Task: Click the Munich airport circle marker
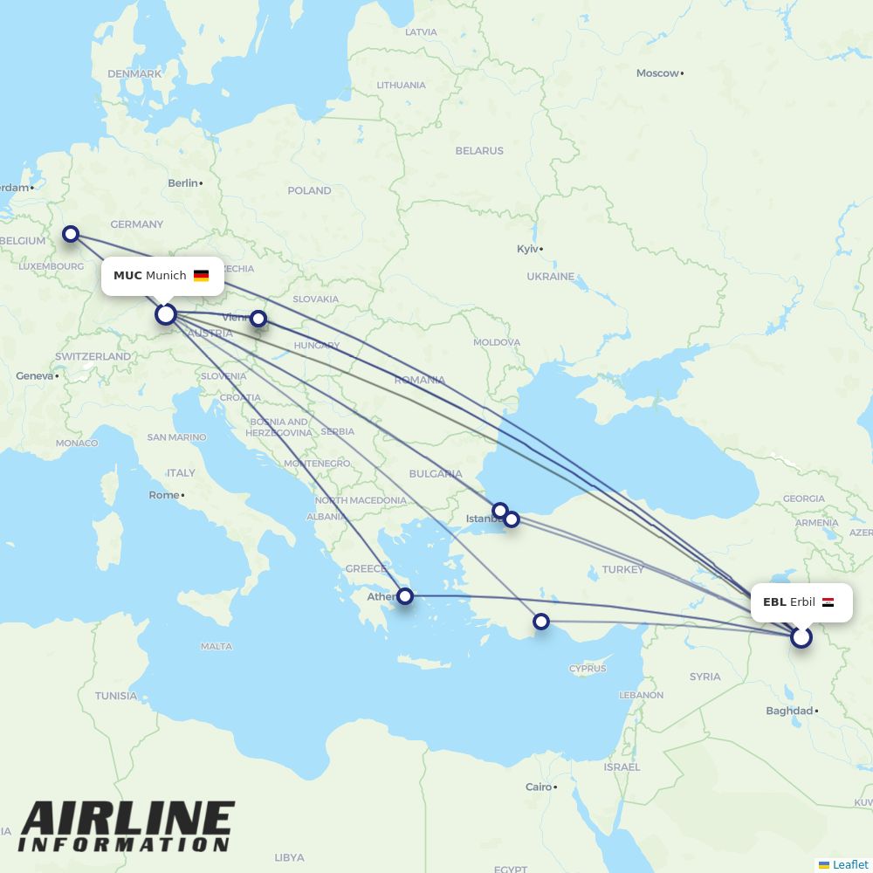point(166,314)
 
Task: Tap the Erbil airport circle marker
point(801,637)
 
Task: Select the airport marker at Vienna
point(258,319)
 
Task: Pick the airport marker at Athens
point(405,596)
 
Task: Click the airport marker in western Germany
point(71,234)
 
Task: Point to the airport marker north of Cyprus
point(541,622)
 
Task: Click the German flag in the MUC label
point(202,276)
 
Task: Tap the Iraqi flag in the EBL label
point(828,602)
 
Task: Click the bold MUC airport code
point(127,276)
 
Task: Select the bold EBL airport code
point(774,602)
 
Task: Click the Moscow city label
point(657,73)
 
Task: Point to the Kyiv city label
point(527,249)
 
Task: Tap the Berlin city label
point(182,183)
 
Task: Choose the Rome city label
point(163,495)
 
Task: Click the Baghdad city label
point(789,711)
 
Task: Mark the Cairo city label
point(538,787)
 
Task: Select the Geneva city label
point(34,375)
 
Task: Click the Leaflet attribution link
point(849,864)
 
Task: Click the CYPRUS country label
point(587,669)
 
